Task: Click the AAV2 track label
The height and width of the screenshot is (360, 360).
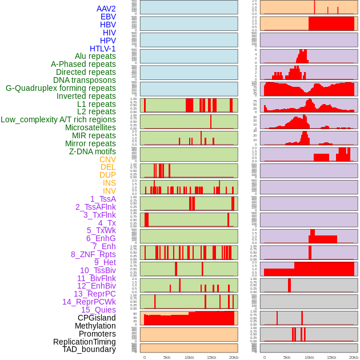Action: coord(106,9)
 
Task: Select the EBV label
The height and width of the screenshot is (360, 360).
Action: coord(108,17)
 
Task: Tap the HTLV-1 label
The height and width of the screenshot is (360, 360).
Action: coord(102,49)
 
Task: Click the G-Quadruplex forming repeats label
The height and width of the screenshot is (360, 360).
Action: coord(61,88)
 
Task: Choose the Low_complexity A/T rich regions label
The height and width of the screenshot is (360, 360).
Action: coord(58,119)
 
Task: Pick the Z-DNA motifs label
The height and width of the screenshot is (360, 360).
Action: coord(92,151)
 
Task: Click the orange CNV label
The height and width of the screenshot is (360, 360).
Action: coord(107,159)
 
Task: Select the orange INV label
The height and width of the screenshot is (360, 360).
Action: coord(109,191)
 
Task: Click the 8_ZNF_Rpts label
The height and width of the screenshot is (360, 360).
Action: coord(93,254)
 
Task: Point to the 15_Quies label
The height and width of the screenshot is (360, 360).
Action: coord(98,310)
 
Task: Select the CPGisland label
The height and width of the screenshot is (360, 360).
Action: coord(97,318)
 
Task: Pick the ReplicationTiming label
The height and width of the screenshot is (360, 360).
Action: coord(84,342)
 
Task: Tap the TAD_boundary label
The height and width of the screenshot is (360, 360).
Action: coord(89,349)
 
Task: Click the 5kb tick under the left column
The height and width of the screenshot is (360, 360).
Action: coord(167,357)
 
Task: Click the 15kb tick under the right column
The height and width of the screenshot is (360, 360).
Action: coord(331,357)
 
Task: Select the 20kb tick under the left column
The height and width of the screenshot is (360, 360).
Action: coord(234,357)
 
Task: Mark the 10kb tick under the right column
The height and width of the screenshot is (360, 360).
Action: coord(309,357)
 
